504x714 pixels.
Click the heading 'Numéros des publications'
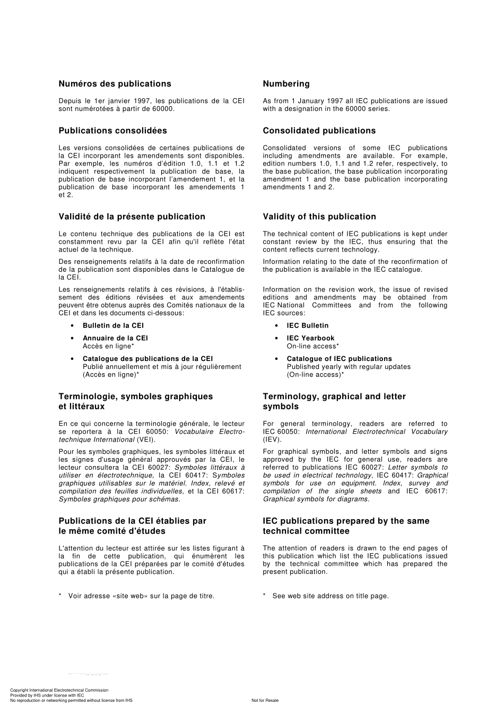point(115,84)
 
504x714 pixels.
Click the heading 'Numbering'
point(286,84)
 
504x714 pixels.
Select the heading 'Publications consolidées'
point(112,131)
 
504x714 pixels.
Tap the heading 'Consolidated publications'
point(319,131)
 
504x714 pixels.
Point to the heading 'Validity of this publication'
point(319,217)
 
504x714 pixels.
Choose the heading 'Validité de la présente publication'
point(132,217)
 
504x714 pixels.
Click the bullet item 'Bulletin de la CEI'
point(113,325)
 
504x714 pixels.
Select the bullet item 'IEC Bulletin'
point(307,325)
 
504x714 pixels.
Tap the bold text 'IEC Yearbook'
point(310,338)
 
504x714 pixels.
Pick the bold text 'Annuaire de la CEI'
point(115,338)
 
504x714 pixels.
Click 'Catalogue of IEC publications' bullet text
point(339,359)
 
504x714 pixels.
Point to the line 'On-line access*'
point(312,346)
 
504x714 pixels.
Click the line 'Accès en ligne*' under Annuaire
point(108,346)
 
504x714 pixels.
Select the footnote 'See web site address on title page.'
point(330,596)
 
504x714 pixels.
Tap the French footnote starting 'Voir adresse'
point(141,596)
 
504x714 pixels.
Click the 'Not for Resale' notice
point(265,700)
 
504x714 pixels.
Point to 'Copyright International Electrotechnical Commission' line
point(59,690)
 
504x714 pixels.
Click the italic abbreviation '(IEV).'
point(272,440)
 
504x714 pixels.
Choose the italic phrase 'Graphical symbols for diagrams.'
point(316,499)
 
